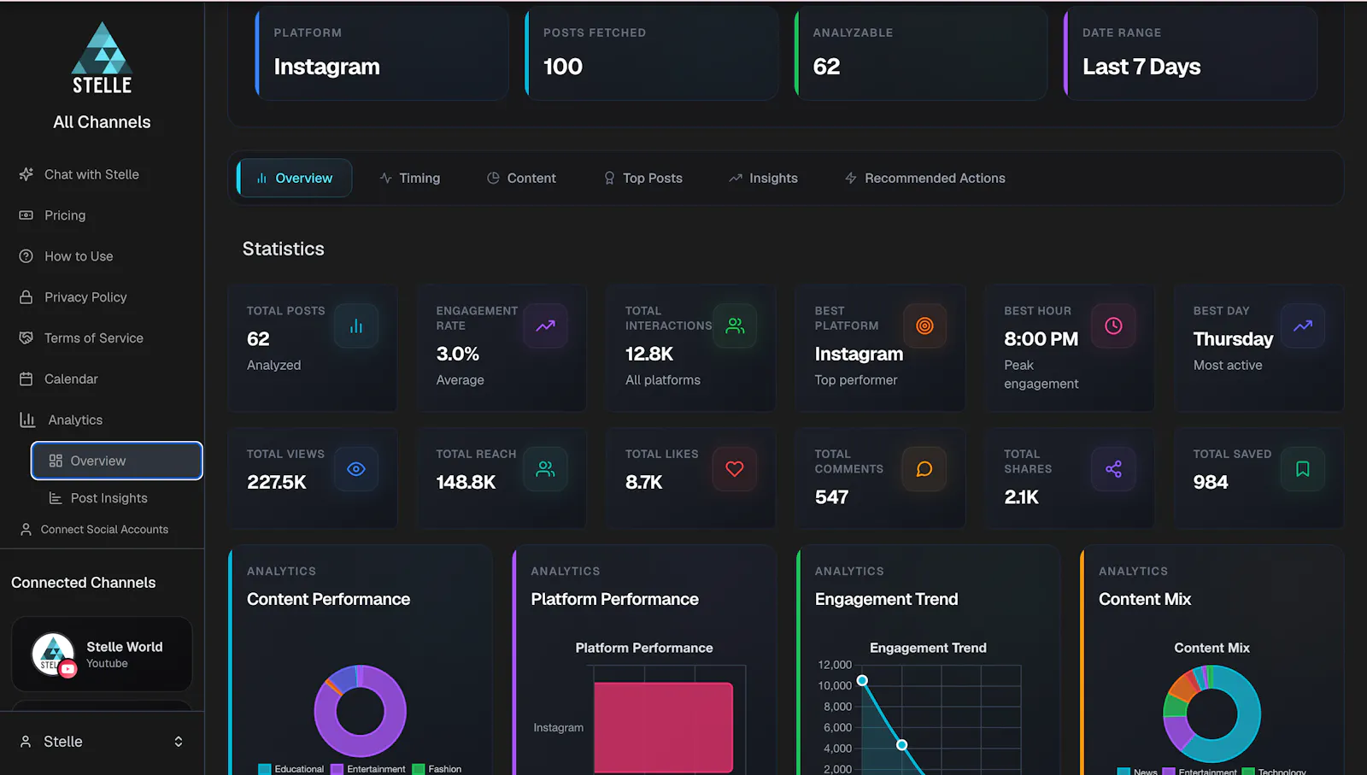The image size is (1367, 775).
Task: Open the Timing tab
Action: [x=409, y=179]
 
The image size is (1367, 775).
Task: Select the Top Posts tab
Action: [x=643, y=179]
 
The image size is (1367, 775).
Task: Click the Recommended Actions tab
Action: [x=925, y=179]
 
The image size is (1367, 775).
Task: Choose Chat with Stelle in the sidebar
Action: [x=79, y=174]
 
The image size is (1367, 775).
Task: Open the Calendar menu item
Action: [x=59, y=379]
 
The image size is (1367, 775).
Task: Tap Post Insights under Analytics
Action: [x=98, y=498]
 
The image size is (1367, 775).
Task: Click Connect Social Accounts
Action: [x=94, y=530]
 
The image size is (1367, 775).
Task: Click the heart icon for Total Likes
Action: [x=735, y=468]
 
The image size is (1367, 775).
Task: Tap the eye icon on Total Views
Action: [x=355, y=468]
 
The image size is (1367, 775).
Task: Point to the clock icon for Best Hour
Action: [x=1113, y=326]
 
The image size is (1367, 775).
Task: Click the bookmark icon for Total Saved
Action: [x=1302, y=468]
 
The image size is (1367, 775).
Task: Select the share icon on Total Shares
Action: [x=1113, y=468]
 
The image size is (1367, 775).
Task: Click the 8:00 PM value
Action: [x=1041, y=339]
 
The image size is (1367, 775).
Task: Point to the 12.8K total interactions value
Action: [x=649, y=354]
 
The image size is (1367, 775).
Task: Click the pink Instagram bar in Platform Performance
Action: [x=663, y=727]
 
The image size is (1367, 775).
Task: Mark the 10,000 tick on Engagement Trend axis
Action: [x=835, y=685]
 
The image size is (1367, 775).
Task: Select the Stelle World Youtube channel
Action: [x=102, y=655]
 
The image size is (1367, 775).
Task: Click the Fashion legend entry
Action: [x=437, y=769]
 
